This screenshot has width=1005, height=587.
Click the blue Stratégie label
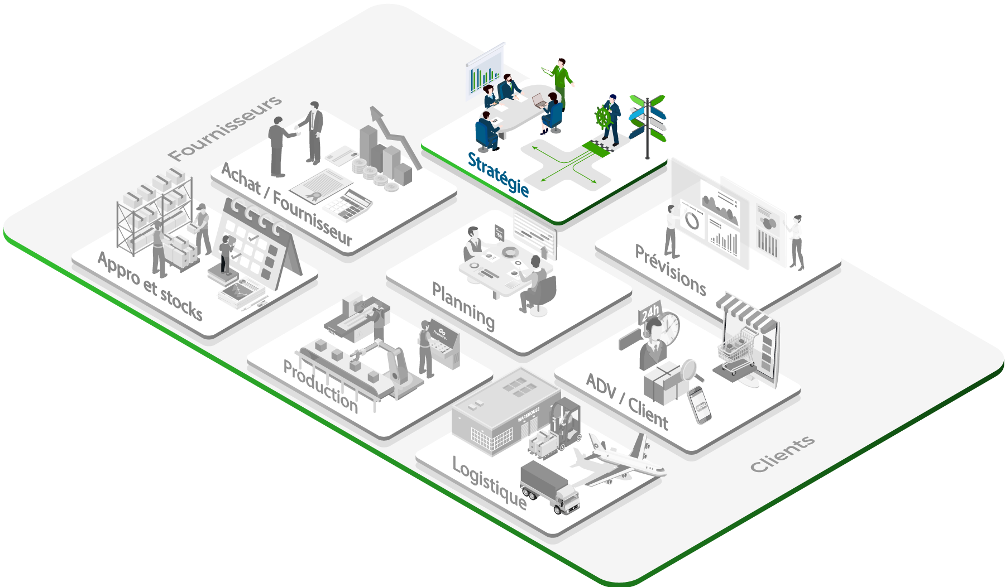coord(498,174)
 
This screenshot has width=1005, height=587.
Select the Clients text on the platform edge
coord(782,454)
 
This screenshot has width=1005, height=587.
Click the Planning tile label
coord(463,306)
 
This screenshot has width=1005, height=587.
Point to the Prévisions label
coord(671,270)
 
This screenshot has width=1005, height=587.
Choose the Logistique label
coord(489,483)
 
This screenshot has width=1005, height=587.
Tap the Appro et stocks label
coord(150,286)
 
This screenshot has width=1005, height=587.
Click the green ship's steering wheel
coord(604,118)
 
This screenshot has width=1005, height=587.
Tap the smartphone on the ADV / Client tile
coord(699,405)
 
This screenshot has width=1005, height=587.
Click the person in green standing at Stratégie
coord(561,81)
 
